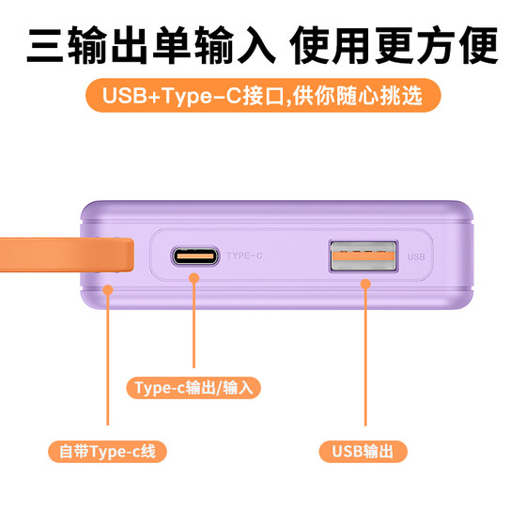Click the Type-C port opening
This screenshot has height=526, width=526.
click(x=195, y=255)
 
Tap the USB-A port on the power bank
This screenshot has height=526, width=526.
click(x=364, y=255)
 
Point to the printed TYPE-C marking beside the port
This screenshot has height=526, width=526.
click(x=244, y=255)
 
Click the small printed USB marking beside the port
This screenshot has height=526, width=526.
click(x=416, y=256)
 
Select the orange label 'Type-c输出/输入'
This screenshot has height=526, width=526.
click(x=193, y=388)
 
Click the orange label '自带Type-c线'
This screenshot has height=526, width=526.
click(x=107, y=452)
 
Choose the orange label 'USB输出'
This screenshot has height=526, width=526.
click(x=363, y=452)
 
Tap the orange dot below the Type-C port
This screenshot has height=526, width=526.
click(x=193, y=278)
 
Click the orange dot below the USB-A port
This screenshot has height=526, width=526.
click(x=365, y=285)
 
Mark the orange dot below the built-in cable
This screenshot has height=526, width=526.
click(x=108, y=289)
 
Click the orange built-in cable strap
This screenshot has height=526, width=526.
click(x=67, y=255)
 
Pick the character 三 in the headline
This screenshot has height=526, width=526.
click(x=45, y=46)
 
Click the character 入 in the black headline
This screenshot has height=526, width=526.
click(x=256, y=46)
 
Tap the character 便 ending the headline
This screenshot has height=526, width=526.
click(x=479, y=46)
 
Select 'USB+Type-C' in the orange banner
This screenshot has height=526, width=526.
click(x=172, y=96)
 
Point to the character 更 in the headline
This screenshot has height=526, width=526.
click(x=394, y=46)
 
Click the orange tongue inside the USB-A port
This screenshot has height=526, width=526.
click(x=364, y=255)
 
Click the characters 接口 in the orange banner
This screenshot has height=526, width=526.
click(x=264, y=96)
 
